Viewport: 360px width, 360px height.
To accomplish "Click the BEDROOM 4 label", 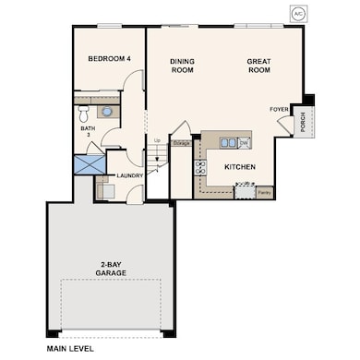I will [109, 59].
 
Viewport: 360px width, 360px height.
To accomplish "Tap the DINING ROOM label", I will [182, 66].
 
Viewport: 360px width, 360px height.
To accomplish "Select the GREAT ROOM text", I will [258, 66].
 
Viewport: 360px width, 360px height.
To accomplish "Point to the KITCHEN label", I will [239, 167].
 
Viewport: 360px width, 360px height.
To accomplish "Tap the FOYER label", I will [279, 109].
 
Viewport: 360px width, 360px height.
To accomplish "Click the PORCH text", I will [304, 122].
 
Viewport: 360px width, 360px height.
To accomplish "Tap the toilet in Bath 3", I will [84, 113].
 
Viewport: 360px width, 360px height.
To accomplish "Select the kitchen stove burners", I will [200, 167].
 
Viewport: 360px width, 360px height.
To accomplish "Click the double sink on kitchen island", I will [231, 142].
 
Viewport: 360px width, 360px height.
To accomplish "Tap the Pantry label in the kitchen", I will [264, 192].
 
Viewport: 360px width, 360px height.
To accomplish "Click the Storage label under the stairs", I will [182, 143].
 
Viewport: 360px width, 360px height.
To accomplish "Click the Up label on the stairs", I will [157, 140].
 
